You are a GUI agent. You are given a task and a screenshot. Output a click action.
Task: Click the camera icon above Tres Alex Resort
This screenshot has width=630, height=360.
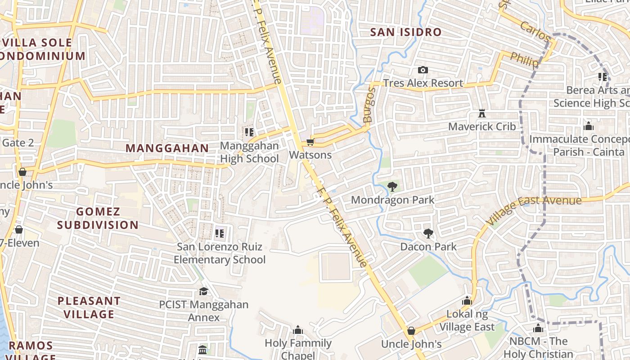coord(423,70)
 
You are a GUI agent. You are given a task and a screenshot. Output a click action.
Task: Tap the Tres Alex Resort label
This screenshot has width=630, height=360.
coord(423,83)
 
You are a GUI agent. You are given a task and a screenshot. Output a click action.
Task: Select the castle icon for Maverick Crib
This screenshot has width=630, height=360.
coord(482,113)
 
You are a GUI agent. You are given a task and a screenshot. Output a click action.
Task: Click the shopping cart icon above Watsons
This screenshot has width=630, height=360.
coord(310,142)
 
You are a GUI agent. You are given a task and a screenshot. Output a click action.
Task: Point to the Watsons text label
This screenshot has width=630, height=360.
coord(310,155)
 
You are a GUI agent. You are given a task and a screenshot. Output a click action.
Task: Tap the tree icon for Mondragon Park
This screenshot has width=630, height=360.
coord(392,186)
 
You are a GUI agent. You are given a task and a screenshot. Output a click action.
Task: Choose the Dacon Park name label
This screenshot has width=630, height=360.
coord(428,247)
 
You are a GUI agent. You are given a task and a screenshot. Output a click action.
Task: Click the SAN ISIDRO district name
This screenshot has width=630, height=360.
coord(406,32)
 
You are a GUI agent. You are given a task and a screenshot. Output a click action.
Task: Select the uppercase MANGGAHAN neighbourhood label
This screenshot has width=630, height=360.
coord(167,148)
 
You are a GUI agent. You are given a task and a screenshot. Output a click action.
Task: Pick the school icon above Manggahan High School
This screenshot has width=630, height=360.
coord(249,132)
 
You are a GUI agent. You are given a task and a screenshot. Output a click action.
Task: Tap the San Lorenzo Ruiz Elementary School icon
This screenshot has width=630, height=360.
coord(220,233)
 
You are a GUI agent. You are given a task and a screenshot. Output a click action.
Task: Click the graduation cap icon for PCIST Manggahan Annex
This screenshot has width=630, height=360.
coord(203,291)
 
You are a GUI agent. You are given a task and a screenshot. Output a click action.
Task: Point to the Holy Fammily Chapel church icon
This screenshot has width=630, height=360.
coord(298,330)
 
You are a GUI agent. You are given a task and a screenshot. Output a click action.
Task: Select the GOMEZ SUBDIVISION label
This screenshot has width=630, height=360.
coord(98,218)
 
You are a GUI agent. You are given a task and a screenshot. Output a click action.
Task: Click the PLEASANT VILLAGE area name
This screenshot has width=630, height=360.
coord(89,307)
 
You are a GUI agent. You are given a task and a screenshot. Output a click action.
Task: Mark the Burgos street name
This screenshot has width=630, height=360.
coord(369,105)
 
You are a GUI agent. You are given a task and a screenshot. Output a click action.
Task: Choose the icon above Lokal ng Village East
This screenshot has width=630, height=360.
coord(467,301)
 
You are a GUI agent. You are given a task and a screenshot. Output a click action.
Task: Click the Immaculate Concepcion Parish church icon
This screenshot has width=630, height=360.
coord(589,126)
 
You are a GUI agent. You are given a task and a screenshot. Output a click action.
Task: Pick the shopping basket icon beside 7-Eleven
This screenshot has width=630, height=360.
coord(19,229)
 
